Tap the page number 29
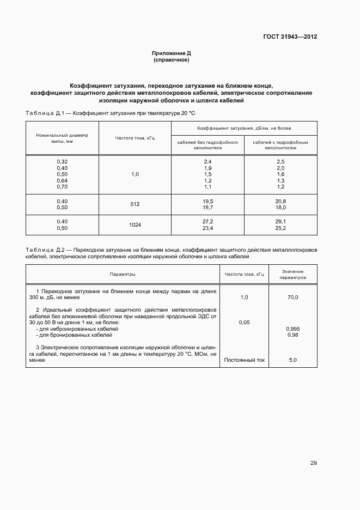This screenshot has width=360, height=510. coord(313,463)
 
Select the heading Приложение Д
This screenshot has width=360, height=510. coord(171,53)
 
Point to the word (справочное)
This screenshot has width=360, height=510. coord(171,60)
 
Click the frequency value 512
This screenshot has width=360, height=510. coord(135,204)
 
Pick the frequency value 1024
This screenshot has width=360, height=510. coord(135,225)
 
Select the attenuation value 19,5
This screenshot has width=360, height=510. coord(208,201)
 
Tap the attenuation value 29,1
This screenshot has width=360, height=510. coord(280,222)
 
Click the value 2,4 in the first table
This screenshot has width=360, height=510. coord(208,162)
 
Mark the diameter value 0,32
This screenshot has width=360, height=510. coord(62,162)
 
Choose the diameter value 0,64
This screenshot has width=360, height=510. coord(62,180)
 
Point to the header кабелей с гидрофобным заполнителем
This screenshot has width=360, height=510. coord(280,144)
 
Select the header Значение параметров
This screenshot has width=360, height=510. coord(293,274)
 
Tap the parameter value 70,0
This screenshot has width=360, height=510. coord(293,297)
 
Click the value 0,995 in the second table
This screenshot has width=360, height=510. coord(293,329)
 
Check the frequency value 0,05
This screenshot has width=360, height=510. coord(245,323)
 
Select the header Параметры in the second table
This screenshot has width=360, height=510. coord(122,274)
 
